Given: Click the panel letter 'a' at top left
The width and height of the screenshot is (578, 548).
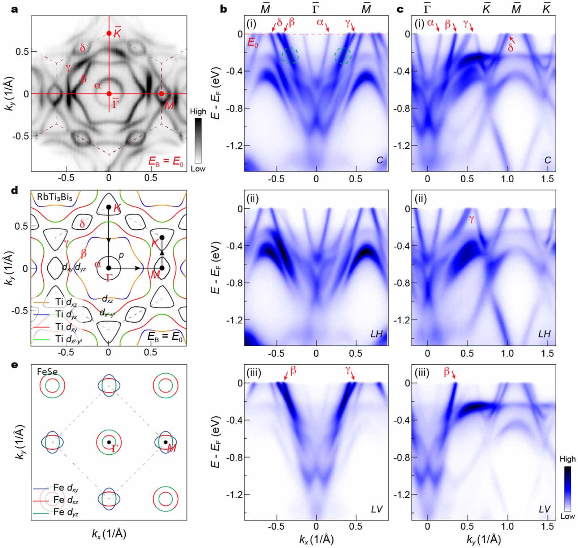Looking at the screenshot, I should click(x=15, y=9).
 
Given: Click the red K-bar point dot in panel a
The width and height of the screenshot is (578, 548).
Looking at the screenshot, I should click(x=109, y=34).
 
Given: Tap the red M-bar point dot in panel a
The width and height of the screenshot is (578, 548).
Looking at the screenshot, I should click(x=161, y=94).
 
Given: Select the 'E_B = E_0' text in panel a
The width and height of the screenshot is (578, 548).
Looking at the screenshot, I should click(x=167, y=161).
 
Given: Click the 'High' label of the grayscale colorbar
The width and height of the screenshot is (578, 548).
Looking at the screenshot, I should click(x=198, y=112).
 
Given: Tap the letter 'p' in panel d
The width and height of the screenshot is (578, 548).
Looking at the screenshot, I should click(x=121, y=255).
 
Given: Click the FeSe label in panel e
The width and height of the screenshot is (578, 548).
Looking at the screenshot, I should click(x=47, y=371).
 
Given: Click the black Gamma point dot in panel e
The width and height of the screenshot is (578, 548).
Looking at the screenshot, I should click(x=109, y=442).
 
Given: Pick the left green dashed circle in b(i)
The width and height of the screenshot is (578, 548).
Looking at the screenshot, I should click(x=290, y=56).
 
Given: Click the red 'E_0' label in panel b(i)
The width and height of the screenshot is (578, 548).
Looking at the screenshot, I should click(x=253, y=42).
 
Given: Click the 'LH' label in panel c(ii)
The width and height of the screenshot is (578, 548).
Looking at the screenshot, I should click(x=544, y=334).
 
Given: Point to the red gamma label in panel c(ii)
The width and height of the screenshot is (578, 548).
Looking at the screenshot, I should click(x=471, y=219).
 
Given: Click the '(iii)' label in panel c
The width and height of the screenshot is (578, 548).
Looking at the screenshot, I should click(x=422, y=373).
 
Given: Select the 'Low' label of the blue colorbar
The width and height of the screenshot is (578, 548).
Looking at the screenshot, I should click(x=567, y=516).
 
